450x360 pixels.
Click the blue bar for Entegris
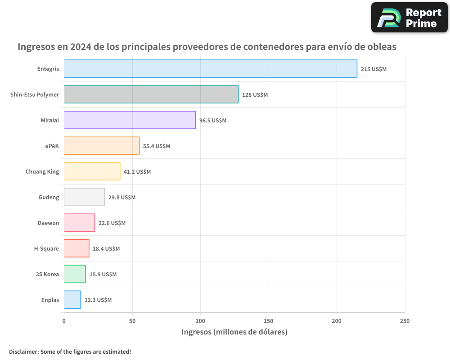pyautogui.click(x=210, y=69)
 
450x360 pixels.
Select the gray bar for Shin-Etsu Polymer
pyautogui.click(x=151, y=94)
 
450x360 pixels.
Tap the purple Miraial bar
pyautogui.click(x=130, y=120)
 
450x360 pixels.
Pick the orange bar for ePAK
pyautogui.click(x=102, y=146)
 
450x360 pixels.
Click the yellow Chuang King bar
pyautogui.click(x=92, y=171)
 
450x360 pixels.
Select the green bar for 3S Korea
pyautogui.click(x=75, y=274)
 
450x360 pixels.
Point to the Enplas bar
pyautogui.click(x=72, y=300)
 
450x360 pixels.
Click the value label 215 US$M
pyautogui.click(x=373, y=69)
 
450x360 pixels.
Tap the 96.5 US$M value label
pyautogui.click(x=213, y=121)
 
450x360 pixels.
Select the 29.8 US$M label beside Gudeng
pyautogui.click(x=121, y=198)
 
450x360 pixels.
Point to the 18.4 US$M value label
pyautogui.click(x=106, y=249)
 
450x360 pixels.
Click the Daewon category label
pyautogui.click(x=48, y=223)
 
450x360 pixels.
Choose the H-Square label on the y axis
pyautogui.click(x=46, y=249)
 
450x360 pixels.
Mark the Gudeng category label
pyautogui.click(x=49, y=198)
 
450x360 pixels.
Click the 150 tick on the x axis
pyautogui.click(x=269, y=321)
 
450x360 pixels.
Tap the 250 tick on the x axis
pyautogui.click(x=405, y=321)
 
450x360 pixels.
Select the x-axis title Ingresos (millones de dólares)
pyautogui.click(x=234, y=332)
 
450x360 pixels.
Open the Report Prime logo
pyautogui.click(x=409, y=18)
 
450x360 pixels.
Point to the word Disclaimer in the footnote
pyautogui.click(x=23, y=351)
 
